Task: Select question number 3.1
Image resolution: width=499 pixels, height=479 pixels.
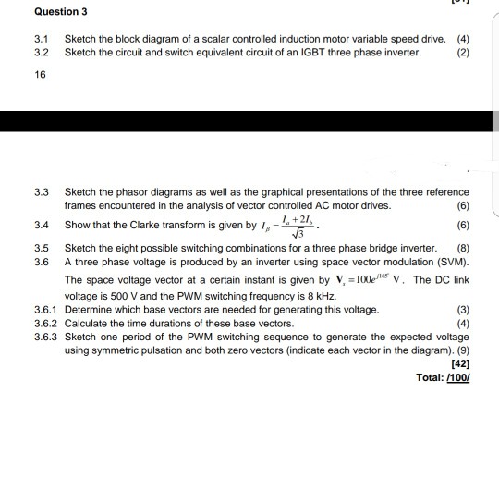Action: (x=40, y=39)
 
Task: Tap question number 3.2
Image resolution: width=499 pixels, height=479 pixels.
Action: (x=40, y=52)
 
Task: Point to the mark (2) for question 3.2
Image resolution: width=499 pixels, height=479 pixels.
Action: (x=463, y=52)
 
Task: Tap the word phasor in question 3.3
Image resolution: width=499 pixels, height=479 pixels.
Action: (x=125, y=192)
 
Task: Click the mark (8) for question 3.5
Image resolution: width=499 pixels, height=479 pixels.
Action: (x=463, y=249)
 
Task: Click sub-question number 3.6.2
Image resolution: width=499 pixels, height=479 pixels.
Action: (x=45, y=324)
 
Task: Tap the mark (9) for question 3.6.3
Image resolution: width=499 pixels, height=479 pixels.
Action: (x=462, y=351)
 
